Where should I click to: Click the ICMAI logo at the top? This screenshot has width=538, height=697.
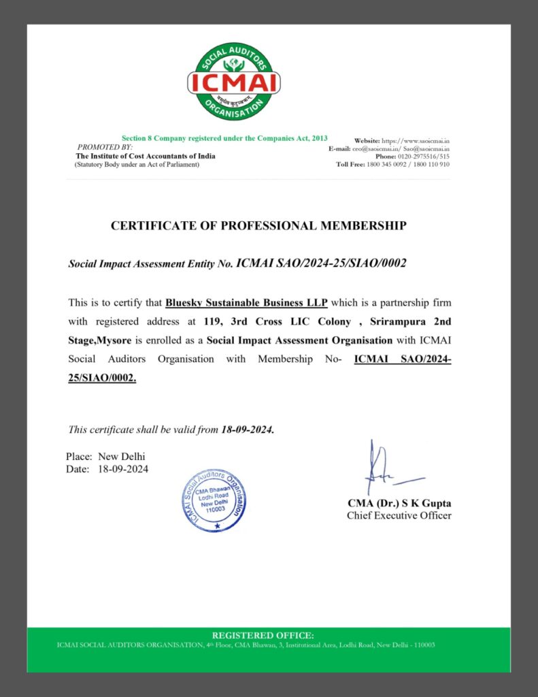[x=234, y=81]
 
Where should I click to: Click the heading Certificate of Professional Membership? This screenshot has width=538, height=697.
[x=258, y=225]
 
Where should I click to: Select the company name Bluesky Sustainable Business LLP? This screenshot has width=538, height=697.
[x=246, y=302]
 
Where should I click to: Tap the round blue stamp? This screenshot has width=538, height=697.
[x=214, y=500]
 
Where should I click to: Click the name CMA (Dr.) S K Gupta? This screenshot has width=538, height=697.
[x=399, y=504]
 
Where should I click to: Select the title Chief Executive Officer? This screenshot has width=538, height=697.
[x=399, y=515]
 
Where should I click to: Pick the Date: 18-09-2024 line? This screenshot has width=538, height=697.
[x=107, y=469]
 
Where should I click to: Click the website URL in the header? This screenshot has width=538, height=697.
[x=402, y=140]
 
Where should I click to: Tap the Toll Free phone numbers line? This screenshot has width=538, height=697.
[x=392, y=165]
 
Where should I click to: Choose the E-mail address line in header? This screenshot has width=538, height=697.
[x=389, y=148]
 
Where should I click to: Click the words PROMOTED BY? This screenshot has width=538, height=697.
[x=105, y=147]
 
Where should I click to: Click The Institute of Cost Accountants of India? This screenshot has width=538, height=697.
[x=146, y=156]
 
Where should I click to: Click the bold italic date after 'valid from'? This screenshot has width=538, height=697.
[x=248, y=430]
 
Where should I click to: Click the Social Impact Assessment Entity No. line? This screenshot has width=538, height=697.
[x=237, y=263]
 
